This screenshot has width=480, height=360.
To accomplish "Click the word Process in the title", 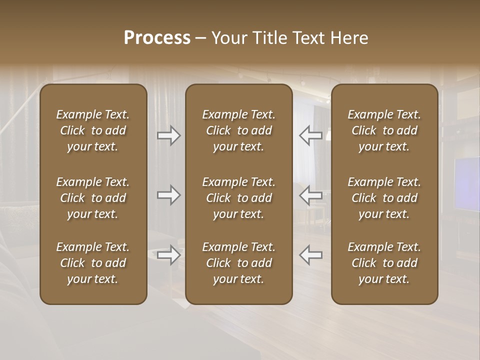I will coord(157,38).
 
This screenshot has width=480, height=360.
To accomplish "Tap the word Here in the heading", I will coord(349,38).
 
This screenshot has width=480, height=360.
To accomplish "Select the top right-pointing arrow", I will coord(169,135).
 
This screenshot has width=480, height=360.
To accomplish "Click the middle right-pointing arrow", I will coord(169,195).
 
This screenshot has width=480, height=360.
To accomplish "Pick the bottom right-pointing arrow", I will coord(169,255).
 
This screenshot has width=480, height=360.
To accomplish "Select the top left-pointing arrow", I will coord(310,135).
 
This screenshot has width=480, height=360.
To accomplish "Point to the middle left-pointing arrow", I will coord(310,195).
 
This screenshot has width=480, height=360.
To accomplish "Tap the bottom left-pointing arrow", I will coord(310,255).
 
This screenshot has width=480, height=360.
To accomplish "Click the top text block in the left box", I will coord(93,130).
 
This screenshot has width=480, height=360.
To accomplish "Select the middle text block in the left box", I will coord(93,198).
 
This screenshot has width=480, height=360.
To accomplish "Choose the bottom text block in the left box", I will coord(93,263).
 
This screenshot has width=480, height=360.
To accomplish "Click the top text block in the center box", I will coord(238,130).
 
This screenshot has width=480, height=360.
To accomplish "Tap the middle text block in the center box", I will coord(238,198).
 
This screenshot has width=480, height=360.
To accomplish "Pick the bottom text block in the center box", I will coord(238,263).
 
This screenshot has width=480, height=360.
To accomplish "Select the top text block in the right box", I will coord(384,130).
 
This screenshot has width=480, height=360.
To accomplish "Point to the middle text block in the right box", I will coord(384,198).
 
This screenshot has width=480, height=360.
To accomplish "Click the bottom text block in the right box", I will coord(384,263).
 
